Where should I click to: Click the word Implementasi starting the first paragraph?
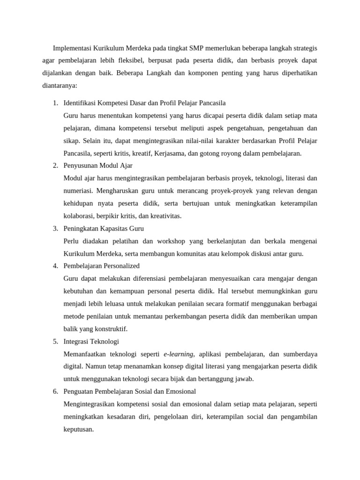[x=72, y=48]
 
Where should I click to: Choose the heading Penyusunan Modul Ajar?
[x=98, y=165]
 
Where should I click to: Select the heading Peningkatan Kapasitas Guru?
[x=104, y=228]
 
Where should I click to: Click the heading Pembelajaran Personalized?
[x=102, y=266]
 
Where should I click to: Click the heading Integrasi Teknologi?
[x=91, y=341]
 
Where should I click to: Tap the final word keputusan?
[x=78, y=429]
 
